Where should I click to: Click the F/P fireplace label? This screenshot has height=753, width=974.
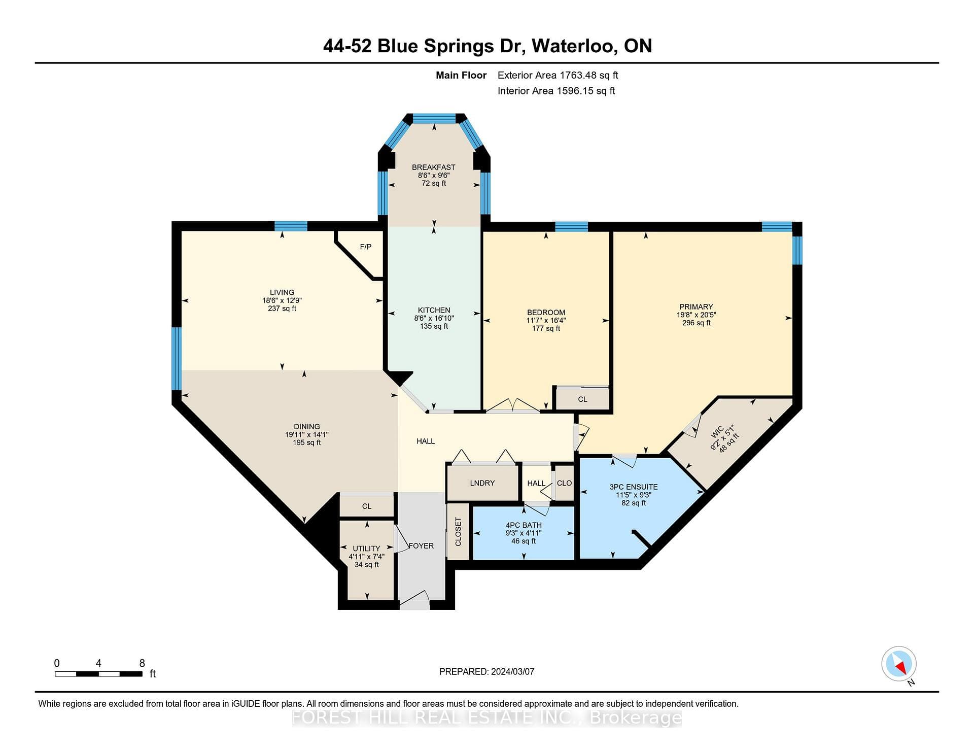pos(365,247)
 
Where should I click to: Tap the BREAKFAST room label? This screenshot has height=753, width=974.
pos(434,167)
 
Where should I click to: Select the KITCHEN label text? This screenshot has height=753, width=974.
pos(434,310)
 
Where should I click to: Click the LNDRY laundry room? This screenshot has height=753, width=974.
pos(482,483)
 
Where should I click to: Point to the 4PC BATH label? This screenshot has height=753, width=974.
pos(524,525)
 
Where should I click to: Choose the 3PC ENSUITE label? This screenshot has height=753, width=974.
pos(634,487)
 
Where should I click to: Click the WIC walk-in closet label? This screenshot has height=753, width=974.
pos(717,432)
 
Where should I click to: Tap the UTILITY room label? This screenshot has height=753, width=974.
pos(366,549)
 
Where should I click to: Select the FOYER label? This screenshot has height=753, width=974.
pos(421,546)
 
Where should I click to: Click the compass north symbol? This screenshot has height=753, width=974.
pos(899,664)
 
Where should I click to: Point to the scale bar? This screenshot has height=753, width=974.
pos(98,674)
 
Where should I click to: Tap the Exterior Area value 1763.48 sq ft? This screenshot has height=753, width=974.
pos(588,76)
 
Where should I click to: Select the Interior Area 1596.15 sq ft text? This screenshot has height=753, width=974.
pos(556,91)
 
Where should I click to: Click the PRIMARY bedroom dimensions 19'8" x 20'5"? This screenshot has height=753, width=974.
pos(696,315)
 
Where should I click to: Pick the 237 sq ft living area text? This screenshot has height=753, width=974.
pos(282,309)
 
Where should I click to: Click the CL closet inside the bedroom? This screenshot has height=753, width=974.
pos(582,399)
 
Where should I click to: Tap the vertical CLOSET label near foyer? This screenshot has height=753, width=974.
pos(459,532)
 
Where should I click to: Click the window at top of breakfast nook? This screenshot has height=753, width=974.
pos(434,119)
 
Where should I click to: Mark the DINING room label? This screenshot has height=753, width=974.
pos(307,427)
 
